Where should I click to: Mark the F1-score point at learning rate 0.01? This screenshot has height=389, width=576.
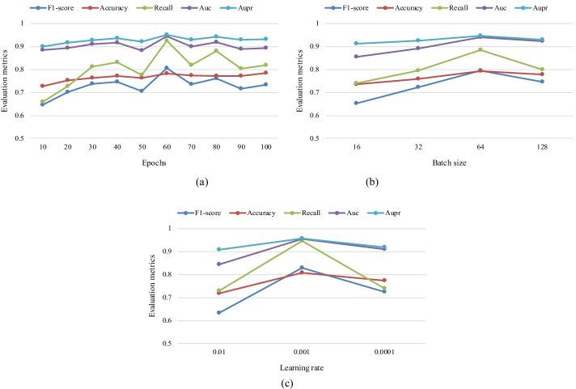click(219, 312)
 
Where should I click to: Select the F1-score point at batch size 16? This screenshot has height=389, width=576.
click(356, 104)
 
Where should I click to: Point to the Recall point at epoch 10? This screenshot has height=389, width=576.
click(42, 102)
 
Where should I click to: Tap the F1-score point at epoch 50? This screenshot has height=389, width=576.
click(142, 91)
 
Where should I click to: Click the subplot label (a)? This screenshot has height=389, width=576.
click(154, 183)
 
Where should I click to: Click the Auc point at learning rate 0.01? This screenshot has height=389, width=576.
click(219, 264)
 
